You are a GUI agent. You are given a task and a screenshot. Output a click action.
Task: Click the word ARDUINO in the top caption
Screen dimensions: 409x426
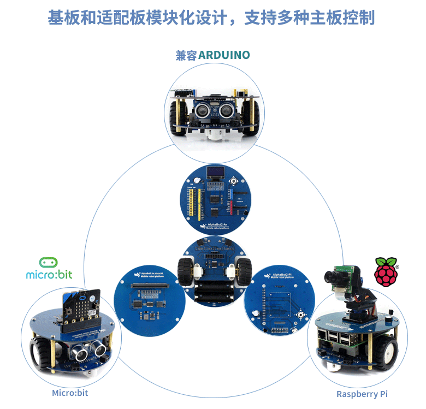click(224, 55)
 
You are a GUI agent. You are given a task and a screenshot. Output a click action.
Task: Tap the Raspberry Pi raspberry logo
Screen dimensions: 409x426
click(386, 272)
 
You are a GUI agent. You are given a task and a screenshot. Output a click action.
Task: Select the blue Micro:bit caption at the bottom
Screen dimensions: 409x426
click(70, 393)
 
